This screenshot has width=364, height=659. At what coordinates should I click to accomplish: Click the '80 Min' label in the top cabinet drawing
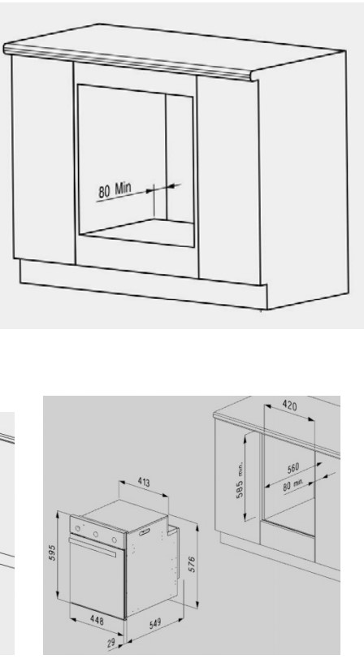pyautogui.click(x=115, y=189)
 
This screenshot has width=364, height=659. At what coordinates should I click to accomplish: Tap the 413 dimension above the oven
pyautogui.click(x=143, y=481)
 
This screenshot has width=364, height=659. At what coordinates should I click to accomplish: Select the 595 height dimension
pyautogui.click(x=52, y=553)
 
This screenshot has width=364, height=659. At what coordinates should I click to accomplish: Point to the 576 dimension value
pyautogui.click(x=192, y=565)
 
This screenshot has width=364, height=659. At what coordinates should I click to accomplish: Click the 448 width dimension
pyautogui.click(x=97, y=620)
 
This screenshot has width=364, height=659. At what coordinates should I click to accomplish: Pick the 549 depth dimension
pyautogui.click(x=155, y=623)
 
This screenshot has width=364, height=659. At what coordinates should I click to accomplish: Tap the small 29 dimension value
pyautogui.click(x=111, y=643)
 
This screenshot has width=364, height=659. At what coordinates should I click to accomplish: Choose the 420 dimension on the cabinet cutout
pyautogui.click(x=289, y=405)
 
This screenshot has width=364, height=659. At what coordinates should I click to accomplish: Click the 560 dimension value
pyautogui.click(x=293, y=468)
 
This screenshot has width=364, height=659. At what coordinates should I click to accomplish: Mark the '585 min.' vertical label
pyautogui.click(x=240, y=479)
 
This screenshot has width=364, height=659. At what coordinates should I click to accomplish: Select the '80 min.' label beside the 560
pyautogui.click(x=293, y=485)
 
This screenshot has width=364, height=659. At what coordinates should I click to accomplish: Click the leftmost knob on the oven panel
pyautogui.click(x=77, y=528)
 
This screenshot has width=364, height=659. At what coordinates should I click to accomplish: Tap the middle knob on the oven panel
pyautogui.click(x=96, y=534)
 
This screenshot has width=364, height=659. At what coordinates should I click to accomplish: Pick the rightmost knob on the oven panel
pyautogui.click(x=115, y=540)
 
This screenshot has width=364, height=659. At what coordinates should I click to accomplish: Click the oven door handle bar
pyautogui.click(x=93, y=547)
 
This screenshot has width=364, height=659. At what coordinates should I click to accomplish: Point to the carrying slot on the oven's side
pyautogui.click(x=144, y=532)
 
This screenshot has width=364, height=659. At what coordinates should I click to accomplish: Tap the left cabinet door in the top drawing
pyautogui.click(x=44, y=160)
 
